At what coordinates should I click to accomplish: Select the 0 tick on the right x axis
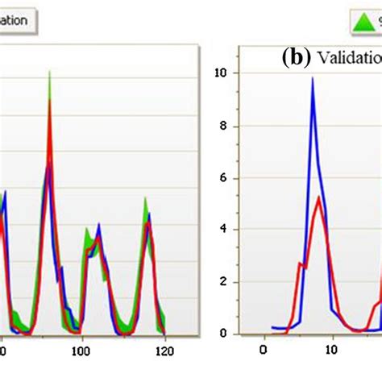[x=262, y=350]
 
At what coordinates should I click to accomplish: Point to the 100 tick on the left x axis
[x=81, y=351]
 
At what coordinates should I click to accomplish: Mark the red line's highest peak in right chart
[x=320, y=197]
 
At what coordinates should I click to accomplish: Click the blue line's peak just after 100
[x=98, y=226]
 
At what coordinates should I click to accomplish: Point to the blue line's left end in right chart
[x=272, y=327]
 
